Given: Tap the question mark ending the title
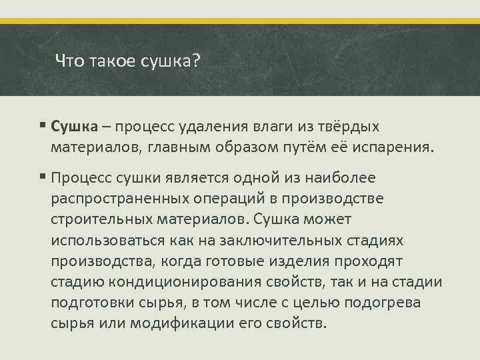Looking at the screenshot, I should point(196,61).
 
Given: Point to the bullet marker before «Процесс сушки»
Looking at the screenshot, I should point(42,177).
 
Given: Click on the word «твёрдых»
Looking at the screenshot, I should point(356,127).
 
